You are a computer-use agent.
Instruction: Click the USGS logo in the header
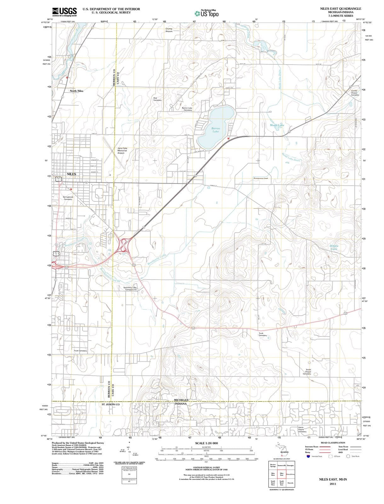tap(65, 12)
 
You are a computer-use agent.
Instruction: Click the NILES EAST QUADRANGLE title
tap(341, 9)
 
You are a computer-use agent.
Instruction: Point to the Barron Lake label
tap(216, 130)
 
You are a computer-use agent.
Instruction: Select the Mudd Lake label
tap(277, 125)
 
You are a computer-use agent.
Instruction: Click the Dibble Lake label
tap(334, 247)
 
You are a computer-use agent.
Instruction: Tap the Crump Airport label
tap(169, 30)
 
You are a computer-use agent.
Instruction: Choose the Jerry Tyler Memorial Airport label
tap(122, 150)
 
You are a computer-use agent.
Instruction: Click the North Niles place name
tap(77, 91)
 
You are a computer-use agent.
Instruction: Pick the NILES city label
tap(71, 174)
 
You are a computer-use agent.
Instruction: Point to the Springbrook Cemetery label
tap(68, 198)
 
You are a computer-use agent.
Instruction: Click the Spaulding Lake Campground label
tap(130, 289)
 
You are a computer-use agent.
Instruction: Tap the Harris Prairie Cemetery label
tap(302, 429)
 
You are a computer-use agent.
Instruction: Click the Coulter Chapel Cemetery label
tap(355, 93)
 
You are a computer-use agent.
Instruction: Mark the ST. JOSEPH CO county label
tap(111, 404)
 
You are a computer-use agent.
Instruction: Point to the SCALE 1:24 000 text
tap(206, 443)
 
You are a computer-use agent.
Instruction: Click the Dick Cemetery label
tap(158, 99)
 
